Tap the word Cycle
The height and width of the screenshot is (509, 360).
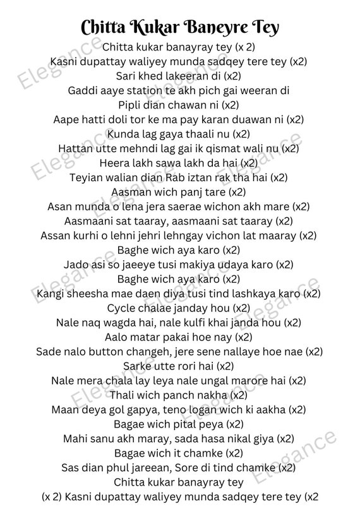(x=123, y=308)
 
